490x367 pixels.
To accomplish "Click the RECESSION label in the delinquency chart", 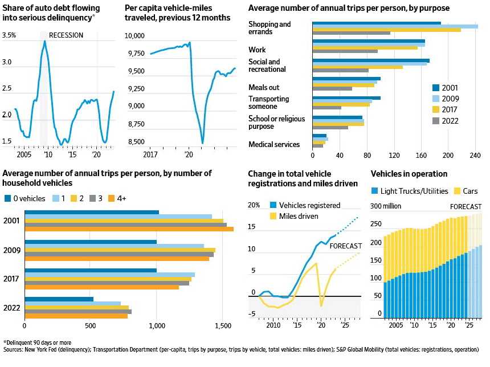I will [x=66, y=35].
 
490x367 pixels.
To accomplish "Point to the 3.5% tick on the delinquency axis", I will [x=9, y=35].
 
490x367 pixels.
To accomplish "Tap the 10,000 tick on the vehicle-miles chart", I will [x=136, y=35].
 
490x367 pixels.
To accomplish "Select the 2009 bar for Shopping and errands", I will [x=395, y=26].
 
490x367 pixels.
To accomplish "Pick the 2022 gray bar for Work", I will [x=345, y=51].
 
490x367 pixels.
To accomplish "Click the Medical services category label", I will [x=273, y=144].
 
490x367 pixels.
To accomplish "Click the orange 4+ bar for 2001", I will [x=129, y=229].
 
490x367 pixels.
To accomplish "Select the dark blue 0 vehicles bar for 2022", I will [x=59, y=299].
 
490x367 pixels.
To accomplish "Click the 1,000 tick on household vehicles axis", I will [x=157, y=325].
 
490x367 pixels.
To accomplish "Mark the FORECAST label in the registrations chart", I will [x=346, y=246].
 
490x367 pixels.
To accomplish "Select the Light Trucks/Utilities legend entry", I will [x=409, y=191].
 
